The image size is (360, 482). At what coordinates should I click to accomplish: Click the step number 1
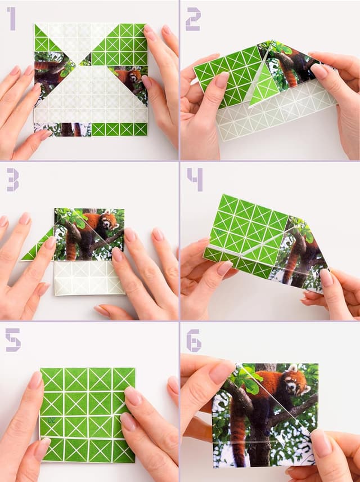click(x=11, y=18)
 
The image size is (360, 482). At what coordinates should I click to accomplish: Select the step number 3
click(x=12, y=179)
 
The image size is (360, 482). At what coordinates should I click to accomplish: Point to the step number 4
click(x=195, y=179)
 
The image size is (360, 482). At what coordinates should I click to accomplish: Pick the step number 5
click(x=12, y=340)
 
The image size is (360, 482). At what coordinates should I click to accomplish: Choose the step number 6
click(x=194, y=340)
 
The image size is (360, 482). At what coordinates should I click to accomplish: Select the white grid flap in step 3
click(x=88, y=278)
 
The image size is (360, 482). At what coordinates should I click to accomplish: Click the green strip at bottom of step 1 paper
click(x=119, y=129)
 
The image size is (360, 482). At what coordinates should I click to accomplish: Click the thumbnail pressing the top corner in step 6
click(x=219, y=372)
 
